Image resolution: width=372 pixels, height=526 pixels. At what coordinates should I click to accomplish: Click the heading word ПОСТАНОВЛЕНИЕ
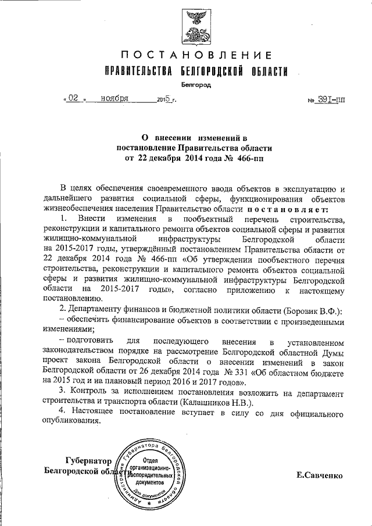click(x=196, y=56)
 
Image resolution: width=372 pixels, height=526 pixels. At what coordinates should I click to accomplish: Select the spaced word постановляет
click(x=291, y=209)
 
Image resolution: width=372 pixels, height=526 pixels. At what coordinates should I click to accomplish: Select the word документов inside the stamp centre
click(x=155, y=482)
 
